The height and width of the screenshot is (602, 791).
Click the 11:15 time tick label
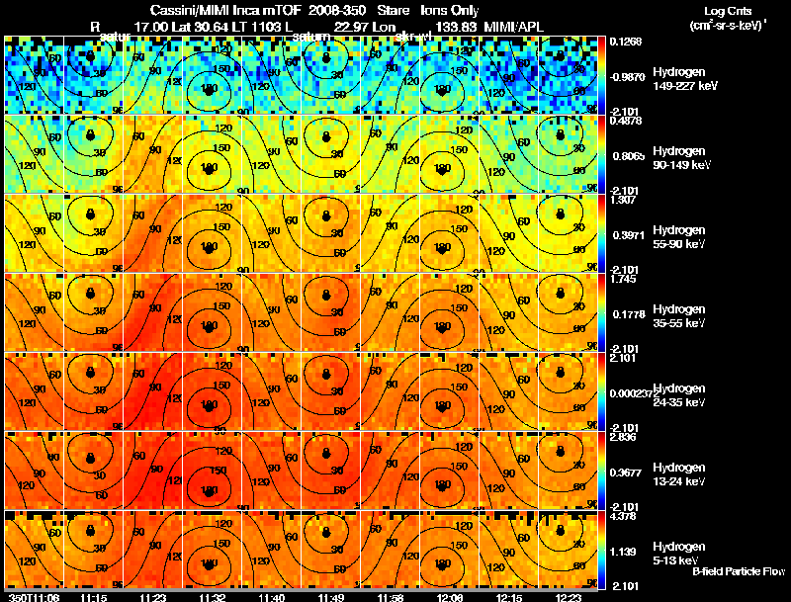93,597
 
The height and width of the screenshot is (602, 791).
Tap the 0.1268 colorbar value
623,42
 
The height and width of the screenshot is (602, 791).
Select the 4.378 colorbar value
623,516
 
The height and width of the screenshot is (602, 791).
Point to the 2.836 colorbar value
623,437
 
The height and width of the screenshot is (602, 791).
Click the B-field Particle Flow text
739,571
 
